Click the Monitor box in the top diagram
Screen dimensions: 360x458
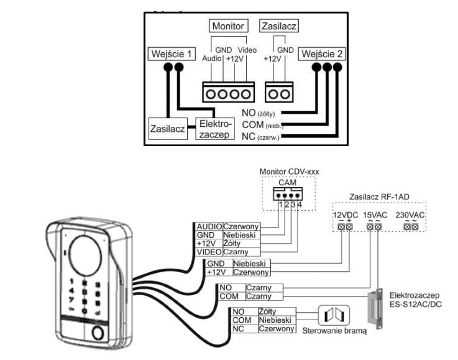[228, 26]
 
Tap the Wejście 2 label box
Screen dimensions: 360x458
[322, 54]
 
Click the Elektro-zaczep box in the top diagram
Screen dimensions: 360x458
[214, 129]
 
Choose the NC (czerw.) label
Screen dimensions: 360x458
[260, 136]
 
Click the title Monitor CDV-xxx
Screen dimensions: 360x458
[285, 171]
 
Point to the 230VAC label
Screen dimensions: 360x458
[410, 215]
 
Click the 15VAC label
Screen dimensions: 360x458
[374, 215]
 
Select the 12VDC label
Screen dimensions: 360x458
[345, 215]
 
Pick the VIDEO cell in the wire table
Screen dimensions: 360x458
[208, 252]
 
